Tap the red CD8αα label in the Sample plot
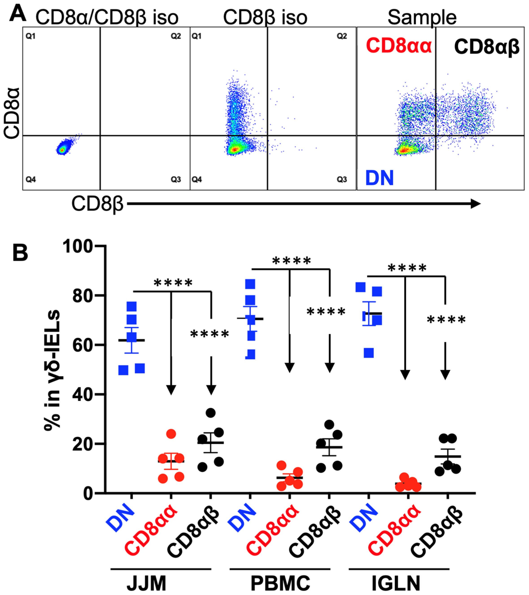coord(399,46)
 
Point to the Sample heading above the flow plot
coord(422,17)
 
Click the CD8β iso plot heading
coord(265,17)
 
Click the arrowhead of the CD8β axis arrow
coord(476,203)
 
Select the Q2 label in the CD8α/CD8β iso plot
coord(176,36)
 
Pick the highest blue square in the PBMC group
coord(250,284)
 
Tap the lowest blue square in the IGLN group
coord(369,353)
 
